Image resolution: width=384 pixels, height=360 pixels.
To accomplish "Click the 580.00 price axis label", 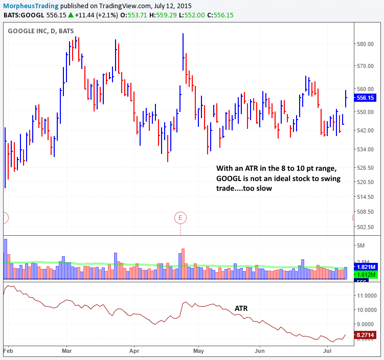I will coord(366,44).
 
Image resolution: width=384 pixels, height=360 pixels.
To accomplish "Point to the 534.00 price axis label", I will coord(366,149).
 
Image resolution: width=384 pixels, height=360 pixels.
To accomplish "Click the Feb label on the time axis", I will coord(8,352).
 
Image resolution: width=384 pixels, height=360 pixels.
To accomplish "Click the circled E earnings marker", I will coord(180,218).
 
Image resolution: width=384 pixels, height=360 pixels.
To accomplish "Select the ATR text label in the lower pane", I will coord(242,308).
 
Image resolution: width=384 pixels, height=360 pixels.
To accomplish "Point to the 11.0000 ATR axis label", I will coord(368,296).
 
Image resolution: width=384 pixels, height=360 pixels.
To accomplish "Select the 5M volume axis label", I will coord(362,246).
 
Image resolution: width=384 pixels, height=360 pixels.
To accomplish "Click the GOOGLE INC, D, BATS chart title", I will coord(40,31).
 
